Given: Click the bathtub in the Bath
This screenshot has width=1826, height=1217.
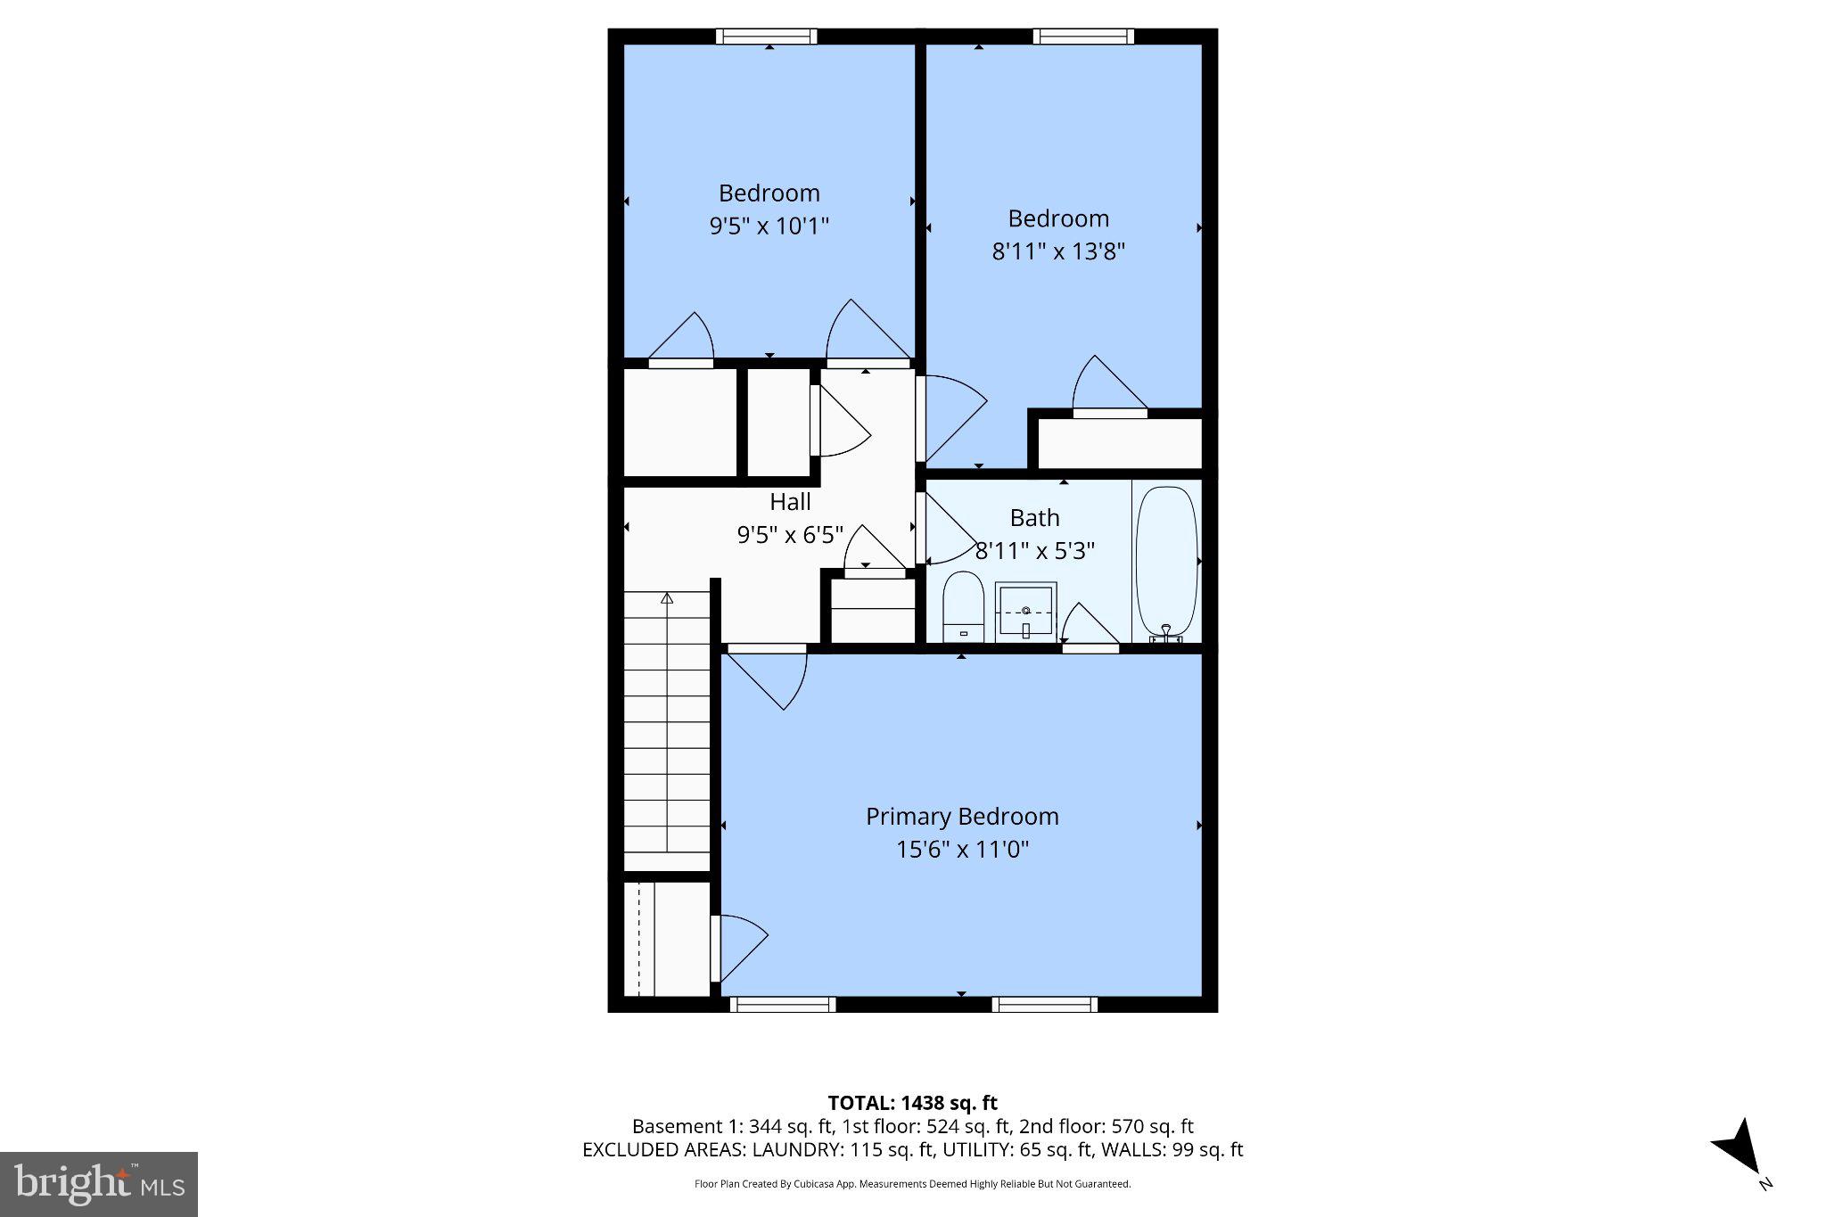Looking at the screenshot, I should coord(1166,560).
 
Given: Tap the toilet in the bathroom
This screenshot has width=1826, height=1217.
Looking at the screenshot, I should coord(962,606).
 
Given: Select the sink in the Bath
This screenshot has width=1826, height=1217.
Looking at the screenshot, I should coord(1025,611).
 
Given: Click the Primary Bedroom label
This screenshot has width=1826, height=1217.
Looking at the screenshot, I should coord(962,816).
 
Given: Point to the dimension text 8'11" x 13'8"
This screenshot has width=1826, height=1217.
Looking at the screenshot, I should coord(1058,251).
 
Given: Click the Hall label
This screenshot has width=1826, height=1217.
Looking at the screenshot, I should coord(790,502).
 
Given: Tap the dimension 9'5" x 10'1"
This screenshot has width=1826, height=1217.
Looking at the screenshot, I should coord(769,226).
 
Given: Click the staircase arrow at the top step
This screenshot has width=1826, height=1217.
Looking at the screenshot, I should coord(666,599).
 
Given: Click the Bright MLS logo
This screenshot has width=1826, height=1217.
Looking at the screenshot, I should coord(99,1184).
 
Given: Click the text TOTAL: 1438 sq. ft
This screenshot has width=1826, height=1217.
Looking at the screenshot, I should coord(912,1103).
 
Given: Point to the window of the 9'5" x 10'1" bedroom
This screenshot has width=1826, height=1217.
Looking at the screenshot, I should coord(767,37).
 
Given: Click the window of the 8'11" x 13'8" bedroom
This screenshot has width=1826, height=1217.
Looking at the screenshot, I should coord(1083,37).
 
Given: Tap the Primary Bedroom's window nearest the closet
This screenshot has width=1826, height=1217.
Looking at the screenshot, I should coord(783,1005).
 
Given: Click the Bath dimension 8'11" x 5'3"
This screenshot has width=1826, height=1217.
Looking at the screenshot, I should coord(1034,551).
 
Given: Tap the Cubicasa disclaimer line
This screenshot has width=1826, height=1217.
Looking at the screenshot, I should coord(912,1184).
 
